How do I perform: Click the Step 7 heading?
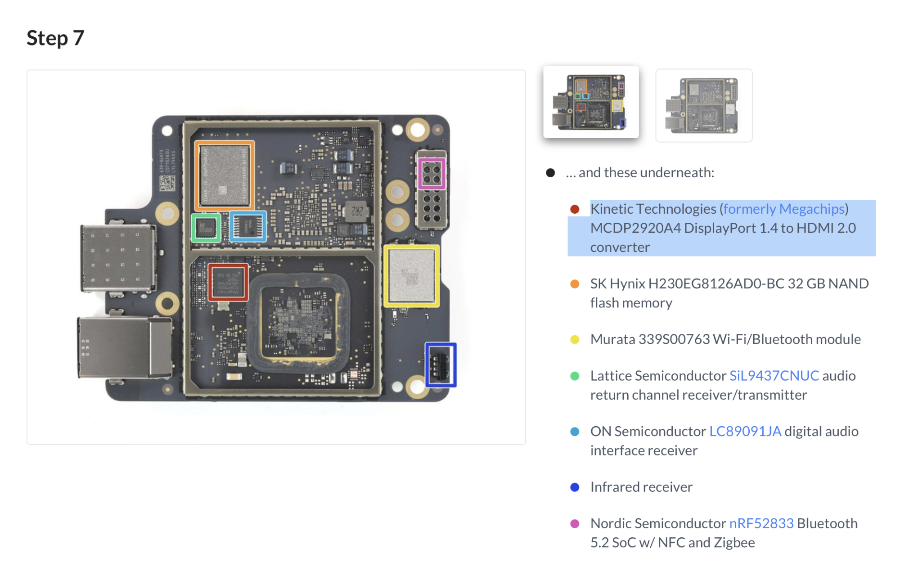pyautogui.click(x=55, y=38)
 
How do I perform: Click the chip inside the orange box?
pyautogui.click(x=224, y=175)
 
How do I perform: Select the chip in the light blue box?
pyautogui.click(x=248, y=226)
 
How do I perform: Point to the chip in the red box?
pyautogui.click(x=228, y=282)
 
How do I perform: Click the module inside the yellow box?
pyautogui.click(x=411, y=276)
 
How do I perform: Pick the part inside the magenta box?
pyautogui.click(x=432, y=173)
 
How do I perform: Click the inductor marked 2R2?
pyautogui.click(x=356, y=211)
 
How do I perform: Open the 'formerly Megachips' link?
pyautogui.click(x=783, y=209)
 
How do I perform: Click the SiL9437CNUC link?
pyautogui.click(x=774, y=375)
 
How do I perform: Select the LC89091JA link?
pyautogui.click(x=745, y=431)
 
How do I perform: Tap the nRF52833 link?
pyautogui.click(x=761, y=523)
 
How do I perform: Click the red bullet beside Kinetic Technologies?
pyautogui.click(x=575, y=209)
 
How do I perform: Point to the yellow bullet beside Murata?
pyautogui.click(x=575, y=339)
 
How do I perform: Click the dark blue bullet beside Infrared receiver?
pyautogui.click(x=575, y=487)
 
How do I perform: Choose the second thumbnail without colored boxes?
pyautogui.click(x=703, y=106)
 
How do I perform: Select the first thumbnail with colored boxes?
pyautogui.click(x=591, y=102)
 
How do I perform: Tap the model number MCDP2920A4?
pyautogui.click(x=635, y=228)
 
